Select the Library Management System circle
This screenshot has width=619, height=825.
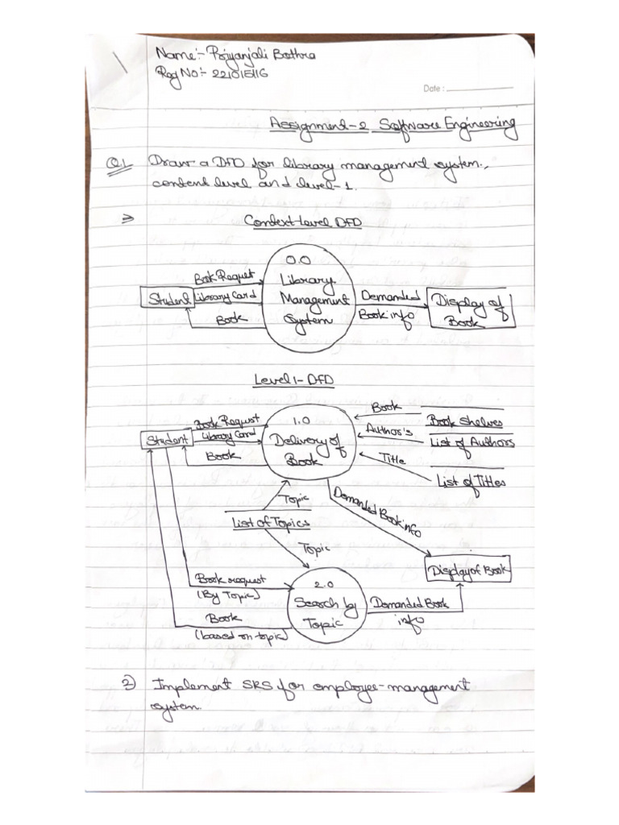tap(307, 300)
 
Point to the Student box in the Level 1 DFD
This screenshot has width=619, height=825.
tap(167, 441)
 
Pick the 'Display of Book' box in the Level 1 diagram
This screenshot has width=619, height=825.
tap(468, 571)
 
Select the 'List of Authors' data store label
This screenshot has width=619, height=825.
tap(472, 442)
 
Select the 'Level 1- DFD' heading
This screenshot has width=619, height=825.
tap(294, 379)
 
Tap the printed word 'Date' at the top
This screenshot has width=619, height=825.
tap(432, 89)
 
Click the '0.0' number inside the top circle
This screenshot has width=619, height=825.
tap(298, 260)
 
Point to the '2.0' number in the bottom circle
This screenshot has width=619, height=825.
tap(324, 584)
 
